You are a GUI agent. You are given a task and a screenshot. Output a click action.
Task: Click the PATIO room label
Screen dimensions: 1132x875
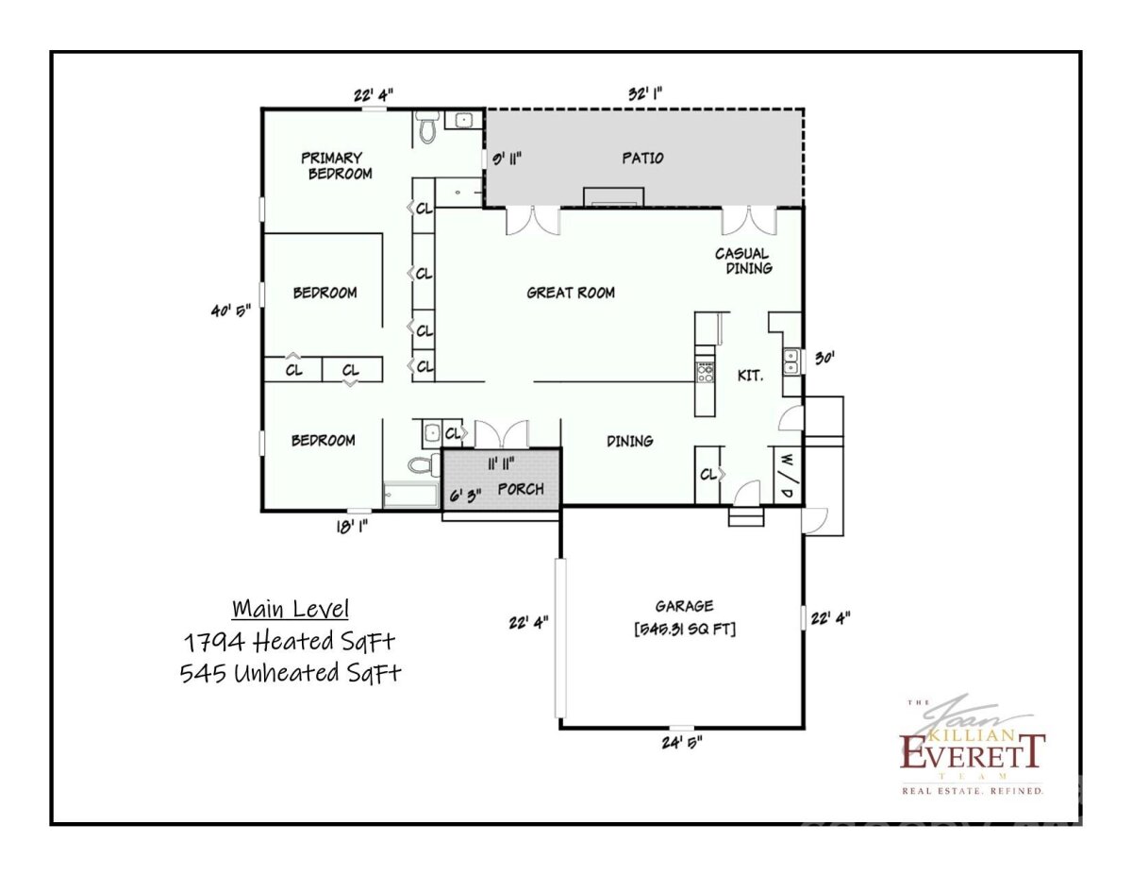[x=642, y=158]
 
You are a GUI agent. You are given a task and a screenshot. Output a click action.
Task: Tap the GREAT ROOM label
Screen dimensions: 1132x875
[x=571, y=293]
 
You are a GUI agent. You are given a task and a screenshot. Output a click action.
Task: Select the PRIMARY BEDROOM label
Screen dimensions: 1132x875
[x=336, y=166]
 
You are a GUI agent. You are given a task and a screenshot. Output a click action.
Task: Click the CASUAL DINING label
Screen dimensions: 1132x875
[x=742, y=261]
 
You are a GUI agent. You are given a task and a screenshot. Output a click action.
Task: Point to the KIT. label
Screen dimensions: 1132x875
[x=751, y=376]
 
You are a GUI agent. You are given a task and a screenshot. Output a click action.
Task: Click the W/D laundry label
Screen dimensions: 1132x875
[x=787, y=476]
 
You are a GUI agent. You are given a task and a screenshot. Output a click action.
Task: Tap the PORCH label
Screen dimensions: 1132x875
[x=521, y=489]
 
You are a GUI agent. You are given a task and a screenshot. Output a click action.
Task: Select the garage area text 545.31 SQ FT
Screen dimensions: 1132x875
[x=685, y=630]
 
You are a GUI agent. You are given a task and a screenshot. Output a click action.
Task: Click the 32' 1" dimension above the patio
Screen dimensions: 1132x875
[x=645, y=93]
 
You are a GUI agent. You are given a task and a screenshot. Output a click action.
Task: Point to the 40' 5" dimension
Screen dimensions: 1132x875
[x=230, y=311]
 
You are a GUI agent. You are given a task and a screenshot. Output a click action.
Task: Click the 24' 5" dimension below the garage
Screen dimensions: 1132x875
[x=682, y=742]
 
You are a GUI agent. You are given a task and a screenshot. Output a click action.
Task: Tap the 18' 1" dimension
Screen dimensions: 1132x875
[x=352, y=528]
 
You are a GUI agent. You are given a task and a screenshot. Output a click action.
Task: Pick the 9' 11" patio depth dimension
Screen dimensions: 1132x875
[x=507, y=159]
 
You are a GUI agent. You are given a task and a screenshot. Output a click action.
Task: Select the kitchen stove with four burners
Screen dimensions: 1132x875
[x=706, y=372]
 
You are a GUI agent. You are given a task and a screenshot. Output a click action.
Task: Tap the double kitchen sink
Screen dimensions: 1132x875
[x=791, y=362]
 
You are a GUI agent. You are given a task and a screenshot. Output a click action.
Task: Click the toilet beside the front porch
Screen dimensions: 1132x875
[x=423, y=464]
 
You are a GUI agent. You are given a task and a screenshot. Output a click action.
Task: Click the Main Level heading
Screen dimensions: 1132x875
[x=291, y=609]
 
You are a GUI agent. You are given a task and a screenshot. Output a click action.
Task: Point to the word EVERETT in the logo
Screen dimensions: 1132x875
[x=972, y=752]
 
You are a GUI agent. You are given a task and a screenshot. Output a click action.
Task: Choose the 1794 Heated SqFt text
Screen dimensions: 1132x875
[x=290, y=642]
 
